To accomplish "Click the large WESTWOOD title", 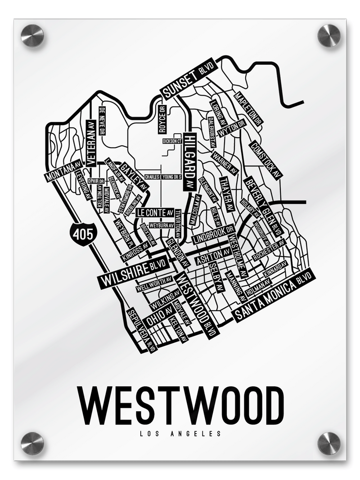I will (x=180, y=404).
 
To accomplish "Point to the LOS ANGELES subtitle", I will (x=180, y=434).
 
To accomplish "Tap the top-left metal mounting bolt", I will (x=32, y=36).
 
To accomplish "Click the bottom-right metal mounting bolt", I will (x=329, y=443).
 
